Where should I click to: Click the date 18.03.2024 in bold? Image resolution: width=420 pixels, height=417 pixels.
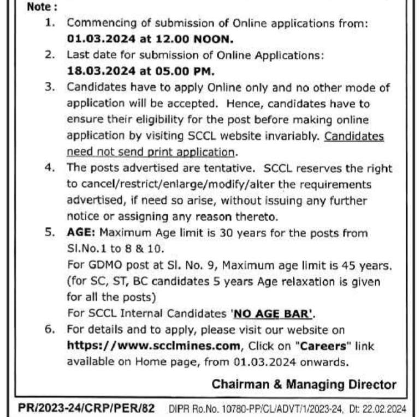click(x=99, y=71)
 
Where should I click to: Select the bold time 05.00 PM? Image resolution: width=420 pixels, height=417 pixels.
click(x=185, y=71)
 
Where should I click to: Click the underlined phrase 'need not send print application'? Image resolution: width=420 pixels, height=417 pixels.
click(x=151, y=152)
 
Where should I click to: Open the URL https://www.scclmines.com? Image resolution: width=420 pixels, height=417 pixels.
click(x=153, y=346)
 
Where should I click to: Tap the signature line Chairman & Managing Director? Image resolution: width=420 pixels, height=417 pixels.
click(x=304, y=384)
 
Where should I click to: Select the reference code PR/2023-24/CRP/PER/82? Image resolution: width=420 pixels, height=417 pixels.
click(x=86, y=407)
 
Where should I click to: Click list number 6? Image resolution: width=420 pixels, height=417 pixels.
click(x=53, y=330)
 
